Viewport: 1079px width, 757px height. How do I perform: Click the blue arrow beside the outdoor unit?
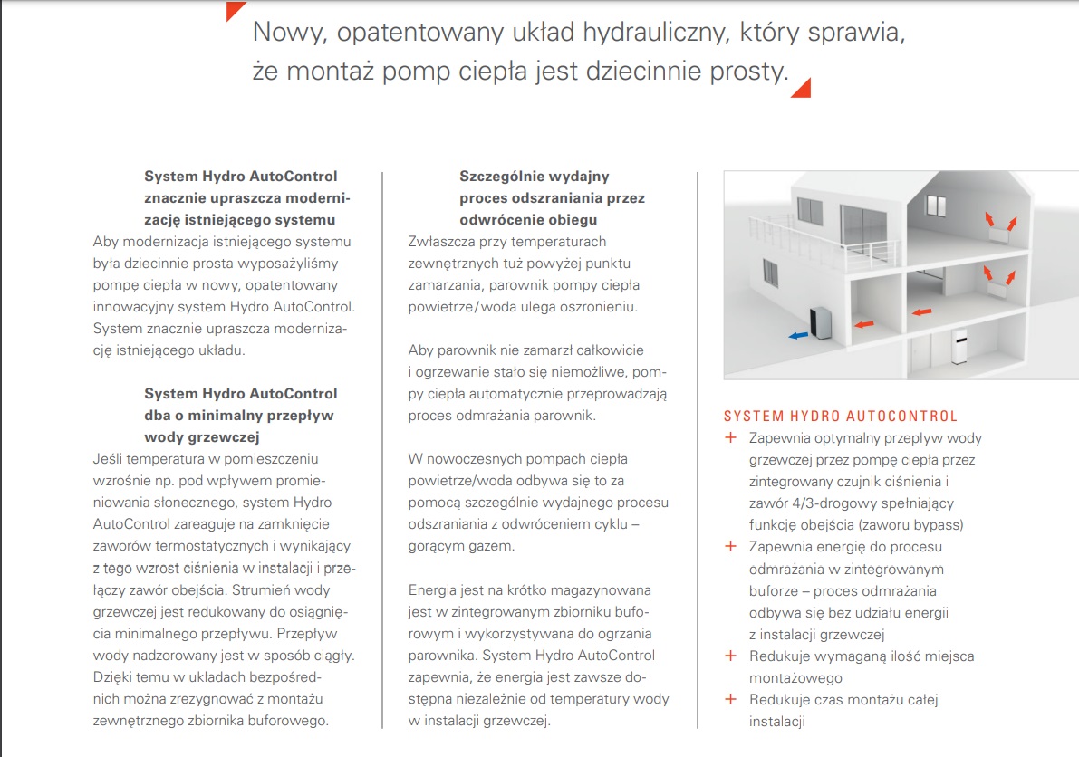[x=798, y=335]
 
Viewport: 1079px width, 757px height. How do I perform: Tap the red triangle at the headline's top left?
[x=236, y=11]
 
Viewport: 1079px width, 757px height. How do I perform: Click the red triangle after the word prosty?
[x=800, y=86]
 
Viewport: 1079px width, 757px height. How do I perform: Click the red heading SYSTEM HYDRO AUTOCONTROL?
[x=841, y=417]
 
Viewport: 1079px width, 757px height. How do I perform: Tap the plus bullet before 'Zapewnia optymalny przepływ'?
[x=730, y=438]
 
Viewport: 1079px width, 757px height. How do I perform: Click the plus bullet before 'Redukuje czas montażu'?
[x=730, y=699]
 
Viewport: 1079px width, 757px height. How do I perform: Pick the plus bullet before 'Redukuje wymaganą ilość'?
[x=730, y=656]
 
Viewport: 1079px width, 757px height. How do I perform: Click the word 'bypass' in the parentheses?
[x=936, y=525]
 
